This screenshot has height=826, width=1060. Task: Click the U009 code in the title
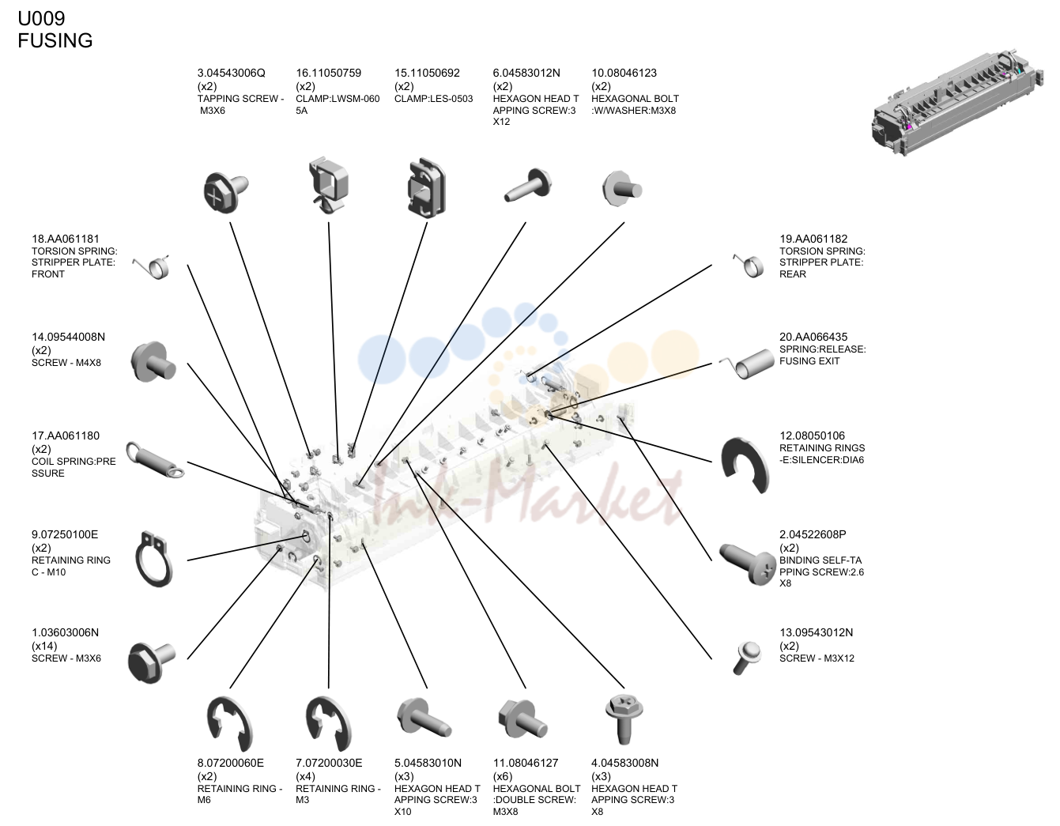click(41, 18)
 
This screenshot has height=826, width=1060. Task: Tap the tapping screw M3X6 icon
click(226, 192)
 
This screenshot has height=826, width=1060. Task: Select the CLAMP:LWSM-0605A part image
click(328, 185)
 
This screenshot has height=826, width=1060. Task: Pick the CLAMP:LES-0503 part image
click(426, 187)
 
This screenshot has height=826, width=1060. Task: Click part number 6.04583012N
click(526, 74)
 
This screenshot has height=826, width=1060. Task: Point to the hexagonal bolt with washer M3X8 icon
click(622, 188)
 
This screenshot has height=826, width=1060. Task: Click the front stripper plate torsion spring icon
click(151, 266)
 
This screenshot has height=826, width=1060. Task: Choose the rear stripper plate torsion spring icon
click(749, 266)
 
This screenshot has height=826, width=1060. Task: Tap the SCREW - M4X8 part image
click(153, 362)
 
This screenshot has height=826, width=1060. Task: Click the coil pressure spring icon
click(155, 460)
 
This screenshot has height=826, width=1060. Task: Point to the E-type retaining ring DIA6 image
click(745, 465)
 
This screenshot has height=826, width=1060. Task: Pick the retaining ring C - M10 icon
click(153, 560)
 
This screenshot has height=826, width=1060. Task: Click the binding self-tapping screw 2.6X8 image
click(747, 564)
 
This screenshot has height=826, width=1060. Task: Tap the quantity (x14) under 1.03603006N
click(44, 646)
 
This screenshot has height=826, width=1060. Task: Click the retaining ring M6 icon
click(229, 723)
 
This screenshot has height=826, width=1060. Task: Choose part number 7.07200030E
click(329, 763)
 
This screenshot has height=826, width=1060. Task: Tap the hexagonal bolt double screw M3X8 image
click(522, 719)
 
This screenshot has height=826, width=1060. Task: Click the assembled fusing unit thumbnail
click(957, 103)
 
